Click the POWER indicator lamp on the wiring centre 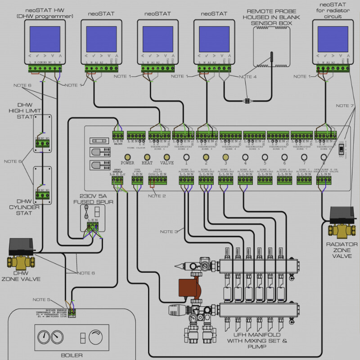pos(127,158)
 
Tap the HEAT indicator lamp pos(147,158)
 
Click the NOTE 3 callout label pos(169,231)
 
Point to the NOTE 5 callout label pos(41,299)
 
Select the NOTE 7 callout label pos(345,106)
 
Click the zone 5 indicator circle pos(264,158)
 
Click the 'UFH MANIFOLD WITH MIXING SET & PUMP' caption pos(258,341)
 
